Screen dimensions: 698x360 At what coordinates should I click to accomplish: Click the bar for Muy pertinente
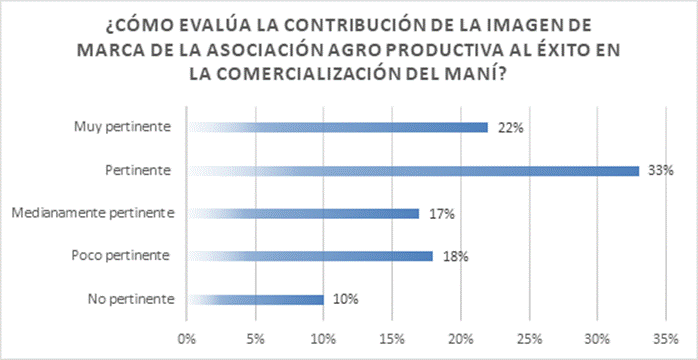[x=337, y=128]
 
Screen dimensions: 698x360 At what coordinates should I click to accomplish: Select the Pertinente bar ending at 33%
[x=413, y=171]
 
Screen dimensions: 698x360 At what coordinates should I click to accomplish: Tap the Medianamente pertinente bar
[x=303, y=214]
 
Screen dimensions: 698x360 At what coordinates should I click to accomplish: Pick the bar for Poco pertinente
[x=310, y=257]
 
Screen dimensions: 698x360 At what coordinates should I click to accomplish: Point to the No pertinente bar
[x=256, y=299]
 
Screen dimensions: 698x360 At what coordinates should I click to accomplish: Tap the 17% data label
[x=442, y=214]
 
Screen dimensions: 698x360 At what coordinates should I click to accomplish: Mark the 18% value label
[x=455, y=257]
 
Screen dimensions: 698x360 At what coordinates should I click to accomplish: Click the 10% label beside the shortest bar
[x=346, y=299]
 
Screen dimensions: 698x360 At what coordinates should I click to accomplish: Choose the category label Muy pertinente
[x=122, y=128]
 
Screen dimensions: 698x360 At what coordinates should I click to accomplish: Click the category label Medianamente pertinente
[x=92, y=214]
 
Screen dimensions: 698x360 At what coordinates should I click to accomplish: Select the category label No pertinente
[x=130, y=299]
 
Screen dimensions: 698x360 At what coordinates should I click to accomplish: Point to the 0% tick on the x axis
[x=187, y=339]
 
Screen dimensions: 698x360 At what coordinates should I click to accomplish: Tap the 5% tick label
[x=255, y=339]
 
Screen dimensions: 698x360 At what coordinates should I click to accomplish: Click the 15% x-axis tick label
[x=392, y=339]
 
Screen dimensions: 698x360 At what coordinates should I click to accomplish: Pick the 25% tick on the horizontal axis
[x=529, y=339]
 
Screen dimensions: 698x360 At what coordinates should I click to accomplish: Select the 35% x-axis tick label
[x=666, y=339]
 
